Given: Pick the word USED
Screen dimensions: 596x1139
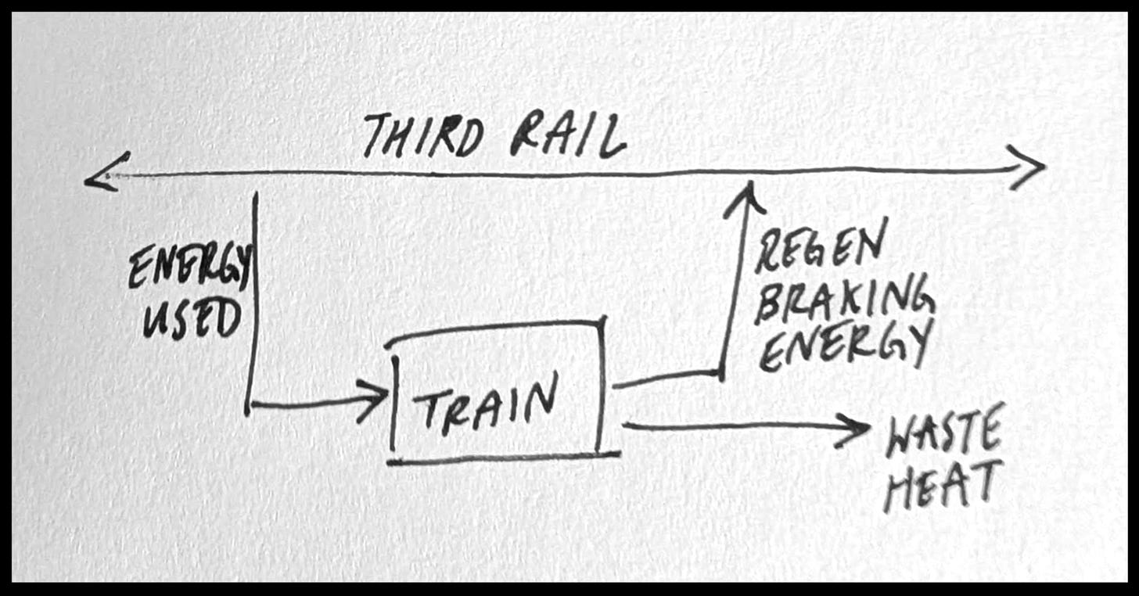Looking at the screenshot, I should coord(191,318).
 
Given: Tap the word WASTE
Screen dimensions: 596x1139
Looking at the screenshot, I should coord(943,436).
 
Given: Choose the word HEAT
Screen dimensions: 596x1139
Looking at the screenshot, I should coord(943,486).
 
